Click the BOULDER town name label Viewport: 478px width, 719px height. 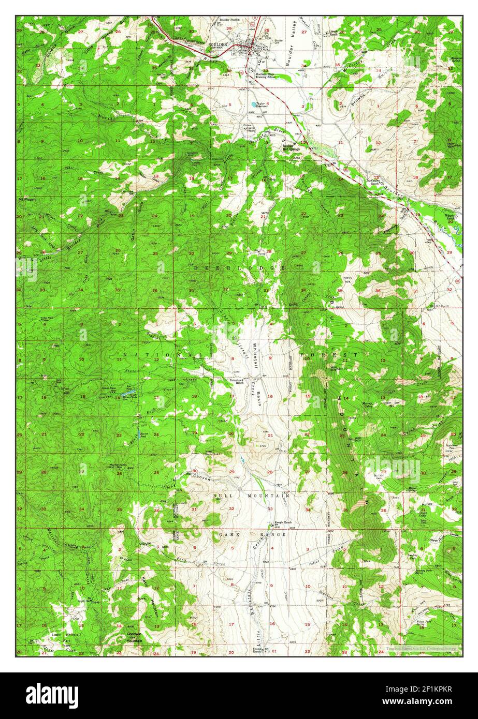(x=217, y=45)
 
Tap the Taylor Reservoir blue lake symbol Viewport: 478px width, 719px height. (x=253, y=104)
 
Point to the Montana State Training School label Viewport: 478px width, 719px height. (x=276, y=75)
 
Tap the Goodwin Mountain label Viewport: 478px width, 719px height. (x=134, y=638)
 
